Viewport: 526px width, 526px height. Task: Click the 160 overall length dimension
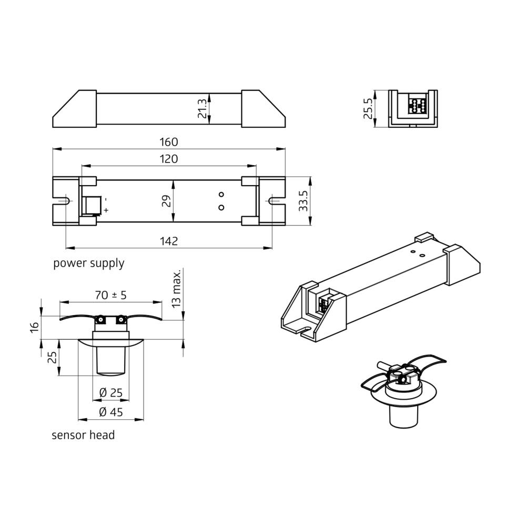click(168, 142)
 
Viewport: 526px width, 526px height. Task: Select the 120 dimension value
click(168, 159)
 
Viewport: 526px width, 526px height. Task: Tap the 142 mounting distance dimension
click(168, 241)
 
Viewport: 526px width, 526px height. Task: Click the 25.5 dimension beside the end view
click(368, 108)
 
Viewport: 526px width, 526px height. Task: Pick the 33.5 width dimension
click(303, 201)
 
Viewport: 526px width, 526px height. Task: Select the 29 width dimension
click(167, 201)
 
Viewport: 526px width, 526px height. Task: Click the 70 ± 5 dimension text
click(110, 295)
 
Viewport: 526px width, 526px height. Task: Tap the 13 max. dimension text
click(176, 288)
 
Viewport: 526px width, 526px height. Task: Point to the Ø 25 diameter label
click(110, 392)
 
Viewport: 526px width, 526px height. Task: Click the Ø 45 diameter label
click(110, 412)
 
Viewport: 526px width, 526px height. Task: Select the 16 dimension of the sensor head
click(34, 327)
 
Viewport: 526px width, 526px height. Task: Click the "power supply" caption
click(88, 263)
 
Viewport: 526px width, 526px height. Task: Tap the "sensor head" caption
click(83, 435)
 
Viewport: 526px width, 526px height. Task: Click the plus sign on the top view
click(106, 210)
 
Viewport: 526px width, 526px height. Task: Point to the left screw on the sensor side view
click(99, 319)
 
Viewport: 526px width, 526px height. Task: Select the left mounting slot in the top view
click(64, 201)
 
